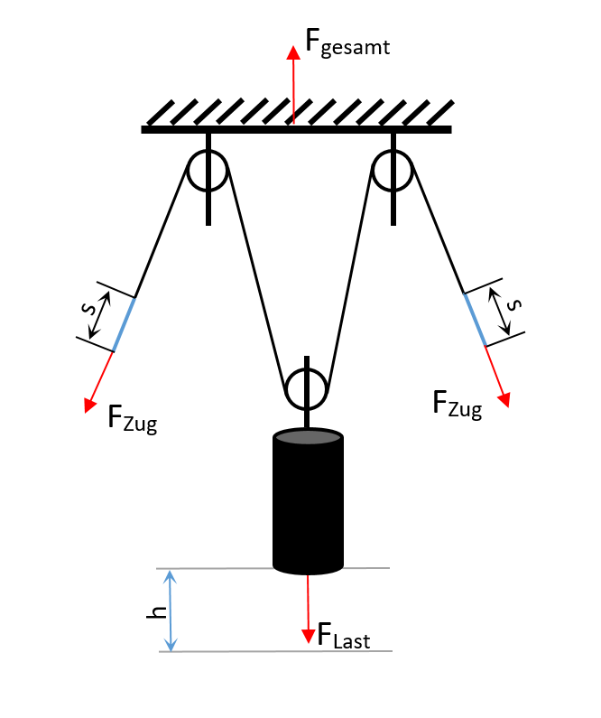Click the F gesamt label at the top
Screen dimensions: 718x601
point(347,43)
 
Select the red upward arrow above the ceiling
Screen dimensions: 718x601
point(292,81)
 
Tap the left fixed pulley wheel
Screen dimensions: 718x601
point(208,169)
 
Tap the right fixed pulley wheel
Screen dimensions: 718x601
point(393,169)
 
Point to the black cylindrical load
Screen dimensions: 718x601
point(308,506)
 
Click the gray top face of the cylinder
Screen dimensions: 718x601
point(308,438)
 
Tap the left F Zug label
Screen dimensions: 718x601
point(132,418)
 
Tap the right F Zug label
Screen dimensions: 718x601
point(457,403)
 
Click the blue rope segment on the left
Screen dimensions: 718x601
point(125,323)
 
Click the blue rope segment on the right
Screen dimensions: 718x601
point(475,319)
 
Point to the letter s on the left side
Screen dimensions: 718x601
point(88,308)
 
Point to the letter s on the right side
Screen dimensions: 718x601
point(513,304)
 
